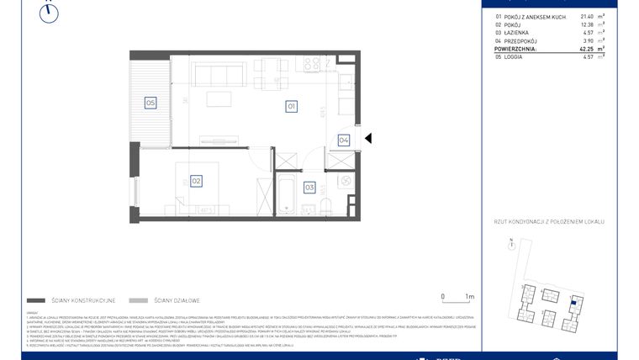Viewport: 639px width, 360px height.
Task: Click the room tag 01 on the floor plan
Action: tap(291, 107)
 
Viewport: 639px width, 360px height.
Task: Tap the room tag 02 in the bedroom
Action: tap(195, 180)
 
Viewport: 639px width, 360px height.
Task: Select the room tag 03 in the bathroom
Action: tap(309, 187)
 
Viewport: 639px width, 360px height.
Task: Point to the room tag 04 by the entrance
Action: tap(344, 140)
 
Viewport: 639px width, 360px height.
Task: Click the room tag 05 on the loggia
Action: tap(150, 103)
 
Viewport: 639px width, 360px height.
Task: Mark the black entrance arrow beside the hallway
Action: tap(367, 140)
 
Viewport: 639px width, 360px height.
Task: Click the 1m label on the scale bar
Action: tap(469, 296)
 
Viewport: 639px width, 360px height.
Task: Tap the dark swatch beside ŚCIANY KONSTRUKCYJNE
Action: tap(36, 299)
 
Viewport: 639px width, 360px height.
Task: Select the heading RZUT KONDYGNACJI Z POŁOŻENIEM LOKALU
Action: tap(549, 222)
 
